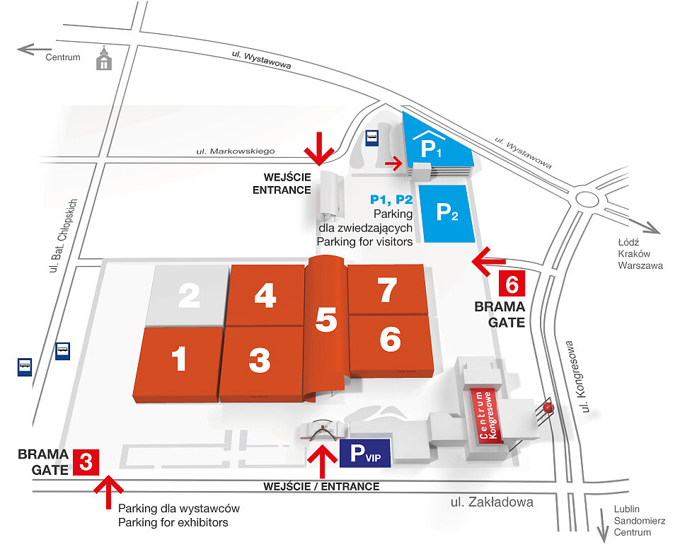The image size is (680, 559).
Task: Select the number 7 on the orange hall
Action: [387, 290]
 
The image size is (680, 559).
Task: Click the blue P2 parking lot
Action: [445, 212]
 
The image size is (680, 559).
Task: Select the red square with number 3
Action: [85, 463]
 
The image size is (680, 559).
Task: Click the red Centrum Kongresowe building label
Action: [487, 415]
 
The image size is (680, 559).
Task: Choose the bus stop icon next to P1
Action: [371, 139]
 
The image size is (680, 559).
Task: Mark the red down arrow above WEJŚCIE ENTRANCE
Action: [318, 147]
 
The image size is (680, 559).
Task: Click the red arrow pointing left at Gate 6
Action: [488, 261]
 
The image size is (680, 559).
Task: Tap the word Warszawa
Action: [640, 266]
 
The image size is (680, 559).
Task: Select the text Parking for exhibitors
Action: [173, 523]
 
